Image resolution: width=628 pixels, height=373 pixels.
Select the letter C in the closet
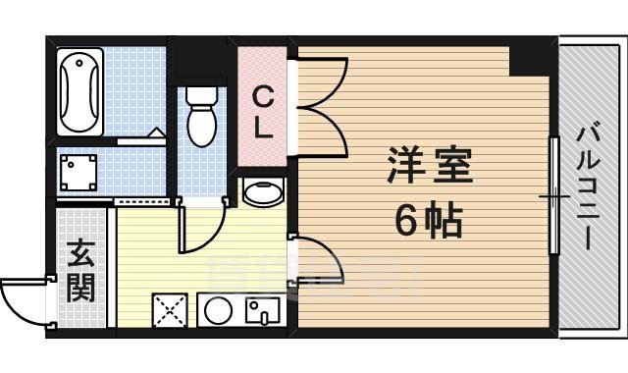(263, 96)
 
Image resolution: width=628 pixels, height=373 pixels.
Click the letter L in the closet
(263, 128)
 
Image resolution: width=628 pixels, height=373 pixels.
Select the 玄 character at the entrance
(80, 253)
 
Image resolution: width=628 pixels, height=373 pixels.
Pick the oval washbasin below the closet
(261, 192)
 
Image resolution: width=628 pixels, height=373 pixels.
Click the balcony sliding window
(553, 196)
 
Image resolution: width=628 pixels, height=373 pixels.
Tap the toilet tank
(202, 95)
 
